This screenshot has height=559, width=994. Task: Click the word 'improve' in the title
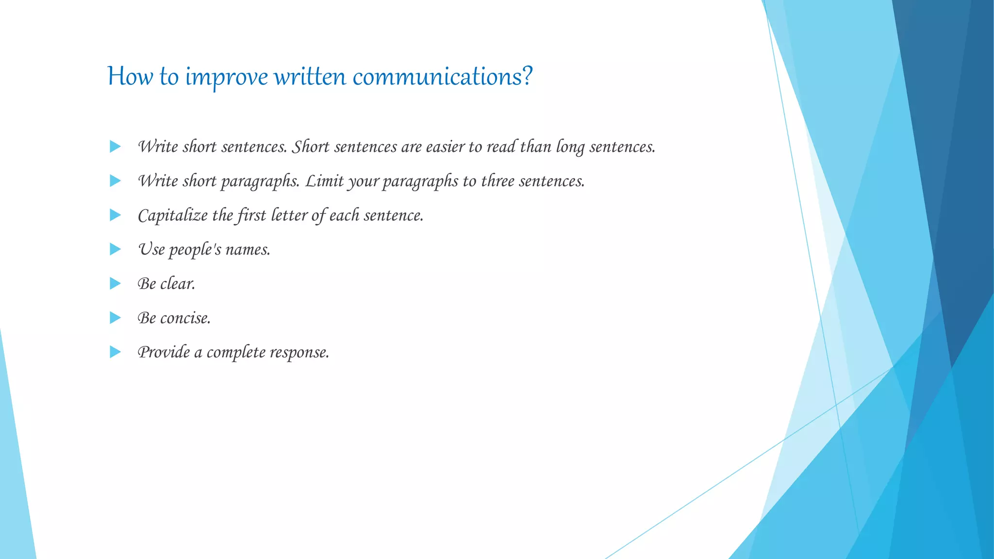226,77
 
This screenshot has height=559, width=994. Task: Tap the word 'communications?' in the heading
442,77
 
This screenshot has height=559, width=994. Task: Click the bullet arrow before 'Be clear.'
115,283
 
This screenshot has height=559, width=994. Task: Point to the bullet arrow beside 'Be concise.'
115,318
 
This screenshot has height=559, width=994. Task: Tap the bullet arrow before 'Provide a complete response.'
115,352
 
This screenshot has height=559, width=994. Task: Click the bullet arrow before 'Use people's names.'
115,249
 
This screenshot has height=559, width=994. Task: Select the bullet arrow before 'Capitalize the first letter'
115,215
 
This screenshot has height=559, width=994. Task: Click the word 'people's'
195,250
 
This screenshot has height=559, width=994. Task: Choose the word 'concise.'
185,318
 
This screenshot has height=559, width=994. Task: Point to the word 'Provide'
164,352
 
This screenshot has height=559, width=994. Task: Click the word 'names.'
248,250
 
